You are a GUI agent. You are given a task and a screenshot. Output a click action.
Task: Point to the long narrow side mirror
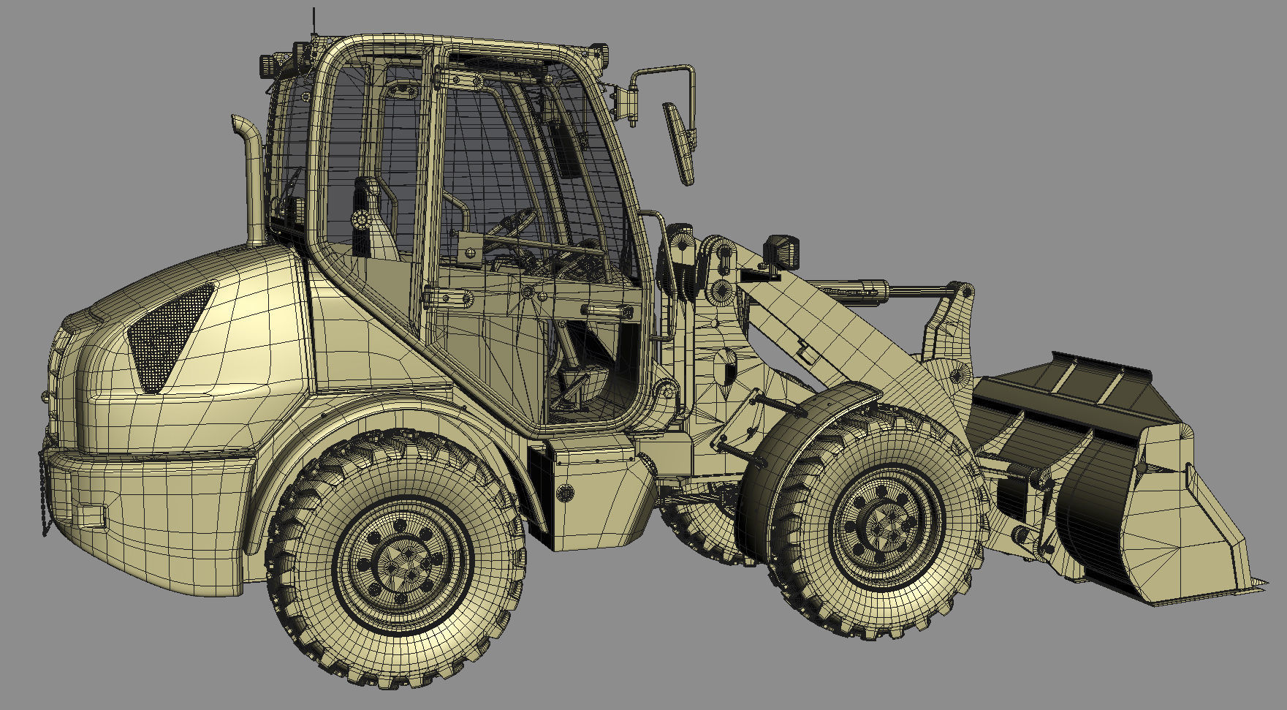[680, 143]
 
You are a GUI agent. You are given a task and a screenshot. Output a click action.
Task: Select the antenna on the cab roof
[314, 26]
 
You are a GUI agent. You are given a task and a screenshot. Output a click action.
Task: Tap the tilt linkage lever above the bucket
[950, 322]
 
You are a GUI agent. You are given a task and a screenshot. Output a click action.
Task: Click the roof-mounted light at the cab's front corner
[599, 53]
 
